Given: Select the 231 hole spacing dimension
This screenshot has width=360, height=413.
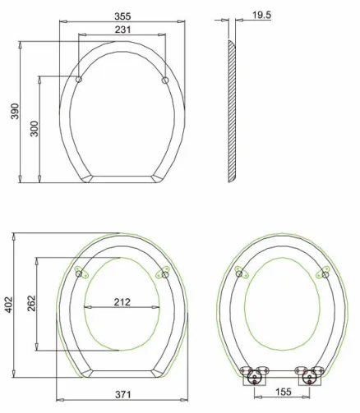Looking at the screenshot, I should (x=122, y=29).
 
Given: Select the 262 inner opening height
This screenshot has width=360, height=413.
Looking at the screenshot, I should (x=31, y=304).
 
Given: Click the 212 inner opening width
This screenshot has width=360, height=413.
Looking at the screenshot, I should (x=122, y=301).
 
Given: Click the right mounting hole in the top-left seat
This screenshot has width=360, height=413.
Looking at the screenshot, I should (x=165, y=80).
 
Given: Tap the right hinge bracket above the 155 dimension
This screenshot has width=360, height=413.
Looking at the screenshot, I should (x=312, y=374).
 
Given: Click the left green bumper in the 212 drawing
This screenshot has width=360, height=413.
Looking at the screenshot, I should (x=78, y=270).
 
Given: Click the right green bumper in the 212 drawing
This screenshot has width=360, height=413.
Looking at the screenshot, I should (x=164, y=270).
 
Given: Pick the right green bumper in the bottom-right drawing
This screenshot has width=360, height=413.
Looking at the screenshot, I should (x=326, y=271).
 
